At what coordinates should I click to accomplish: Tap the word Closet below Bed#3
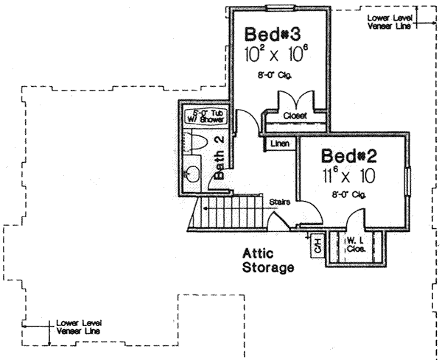(295, 116)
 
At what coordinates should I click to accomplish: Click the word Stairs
(278, 200)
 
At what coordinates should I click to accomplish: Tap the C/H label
(318, 246)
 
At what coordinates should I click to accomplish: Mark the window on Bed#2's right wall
(408, 181)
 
